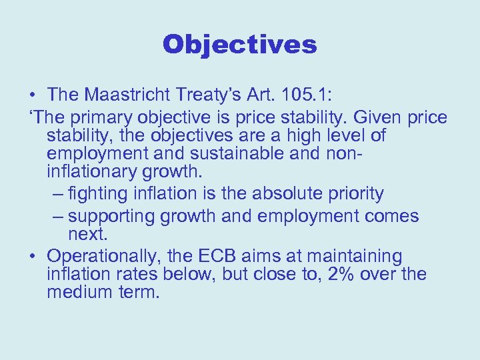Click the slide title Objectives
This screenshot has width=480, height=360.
239,45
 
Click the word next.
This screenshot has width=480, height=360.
87,235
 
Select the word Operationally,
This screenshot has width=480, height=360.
110,256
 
